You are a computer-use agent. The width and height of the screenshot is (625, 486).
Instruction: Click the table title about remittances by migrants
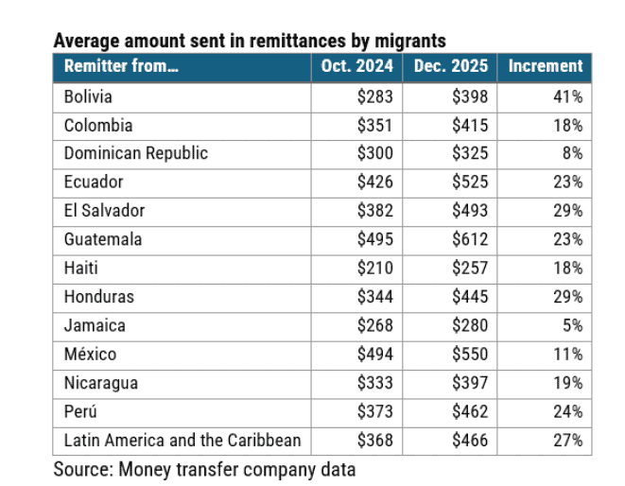coord(250,41)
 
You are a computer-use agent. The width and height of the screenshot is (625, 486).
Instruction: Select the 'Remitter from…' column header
coord(121,66)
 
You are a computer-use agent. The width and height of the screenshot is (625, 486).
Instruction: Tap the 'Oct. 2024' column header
coord(356,66)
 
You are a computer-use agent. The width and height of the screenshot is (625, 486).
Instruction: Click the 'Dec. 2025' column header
coord(451,66)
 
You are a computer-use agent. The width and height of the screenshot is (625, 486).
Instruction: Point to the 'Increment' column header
coord(545,66)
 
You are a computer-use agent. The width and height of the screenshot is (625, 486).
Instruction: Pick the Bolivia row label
coord(88,96)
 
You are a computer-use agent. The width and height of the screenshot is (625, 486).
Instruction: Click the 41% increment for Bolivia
coord(567,96)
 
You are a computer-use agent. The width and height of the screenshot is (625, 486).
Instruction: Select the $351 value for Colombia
coord(375,125)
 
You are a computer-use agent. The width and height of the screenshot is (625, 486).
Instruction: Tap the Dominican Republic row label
coord(135,153)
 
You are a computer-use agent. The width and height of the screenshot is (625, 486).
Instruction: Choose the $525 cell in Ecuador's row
coord(470,182)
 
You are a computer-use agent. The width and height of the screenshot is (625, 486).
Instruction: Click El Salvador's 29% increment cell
coord(567,211)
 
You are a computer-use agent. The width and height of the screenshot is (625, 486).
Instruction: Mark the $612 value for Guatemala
coord(470,239)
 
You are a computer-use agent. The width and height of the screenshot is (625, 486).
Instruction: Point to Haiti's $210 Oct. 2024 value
coord(375,269)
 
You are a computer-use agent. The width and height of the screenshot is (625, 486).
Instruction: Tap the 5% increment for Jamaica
coord(571,325)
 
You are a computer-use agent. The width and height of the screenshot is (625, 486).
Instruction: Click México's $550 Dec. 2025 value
coord(470,355)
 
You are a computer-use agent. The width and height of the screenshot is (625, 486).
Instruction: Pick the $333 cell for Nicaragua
coord(375,383)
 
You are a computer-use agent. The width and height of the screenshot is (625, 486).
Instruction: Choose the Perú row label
coord(81,412)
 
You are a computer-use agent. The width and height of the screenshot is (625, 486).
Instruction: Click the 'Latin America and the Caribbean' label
coord(182,441)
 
